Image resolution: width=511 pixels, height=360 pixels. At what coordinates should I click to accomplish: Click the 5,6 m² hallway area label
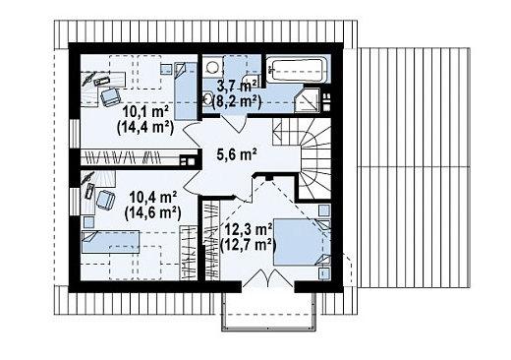237,153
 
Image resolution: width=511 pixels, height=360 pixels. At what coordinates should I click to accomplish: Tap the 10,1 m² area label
145,111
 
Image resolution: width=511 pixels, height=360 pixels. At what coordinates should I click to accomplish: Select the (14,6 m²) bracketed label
153,213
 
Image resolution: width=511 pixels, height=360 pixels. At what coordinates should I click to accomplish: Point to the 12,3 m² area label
249,229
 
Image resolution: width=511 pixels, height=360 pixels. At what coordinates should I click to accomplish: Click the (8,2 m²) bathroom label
237,102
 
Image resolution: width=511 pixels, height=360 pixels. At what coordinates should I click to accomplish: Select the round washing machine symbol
212,67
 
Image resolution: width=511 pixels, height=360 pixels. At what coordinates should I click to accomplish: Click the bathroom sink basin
207,99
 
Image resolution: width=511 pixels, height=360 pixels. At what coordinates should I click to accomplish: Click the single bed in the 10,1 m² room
186,90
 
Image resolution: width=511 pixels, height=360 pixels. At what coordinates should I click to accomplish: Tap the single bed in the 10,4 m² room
111,242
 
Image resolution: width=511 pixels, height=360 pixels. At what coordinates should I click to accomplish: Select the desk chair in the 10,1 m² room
110,96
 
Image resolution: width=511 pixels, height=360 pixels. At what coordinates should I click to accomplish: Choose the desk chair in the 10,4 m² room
105,200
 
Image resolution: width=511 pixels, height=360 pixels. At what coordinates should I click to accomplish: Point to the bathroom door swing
233,124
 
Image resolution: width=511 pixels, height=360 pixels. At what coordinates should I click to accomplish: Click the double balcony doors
268,277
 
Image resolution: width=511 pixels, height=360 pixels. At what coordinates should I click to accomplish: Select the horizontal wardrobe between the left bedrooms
139,157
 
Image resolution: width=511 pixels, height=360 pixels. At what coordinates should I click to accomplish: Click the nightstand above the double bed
324,210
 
